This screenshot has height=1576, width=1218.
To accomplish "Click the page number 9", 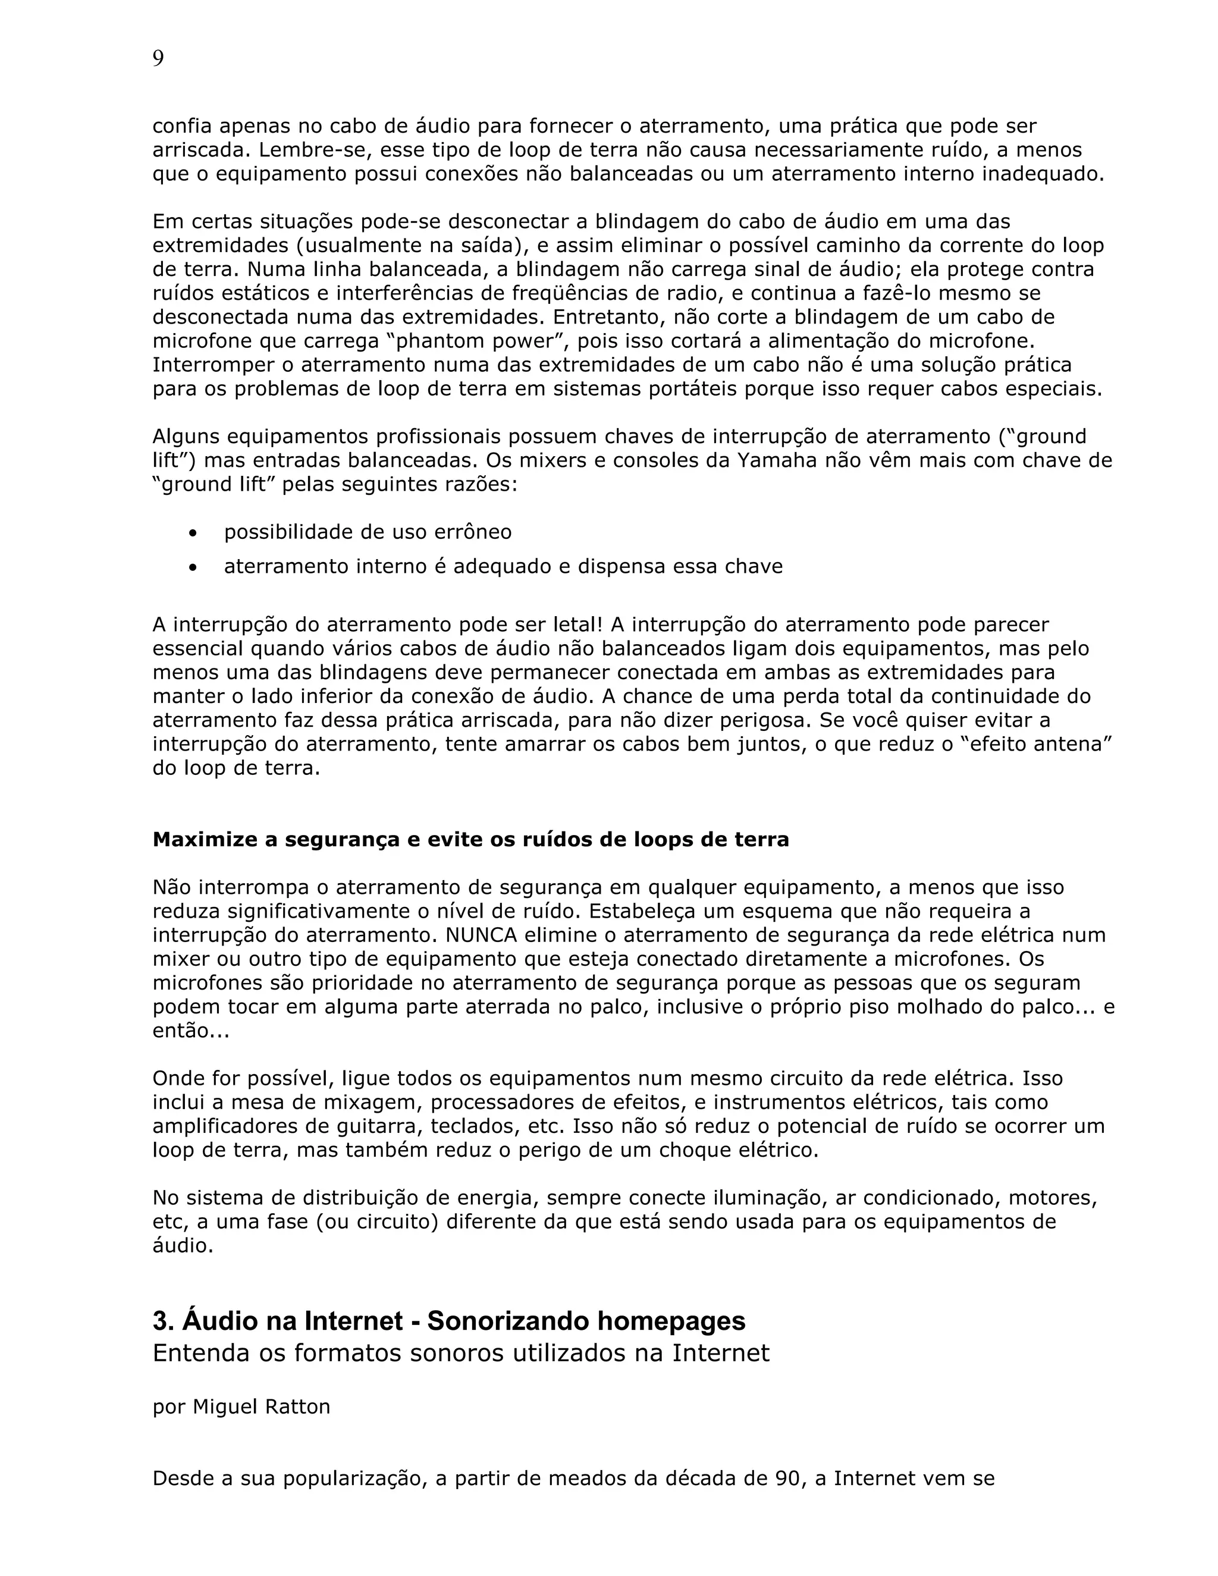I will click(x=158, y=59).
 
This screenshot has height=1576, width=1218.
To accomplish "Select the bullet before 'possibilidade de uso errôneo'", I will click(x=192, y=533).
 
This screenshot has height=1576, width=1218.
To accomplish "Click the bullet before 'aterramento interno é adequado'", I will click(x=192, y=567).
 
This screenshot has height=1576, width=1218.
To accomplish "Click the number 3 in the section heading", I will click(x=159, y=1321).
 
